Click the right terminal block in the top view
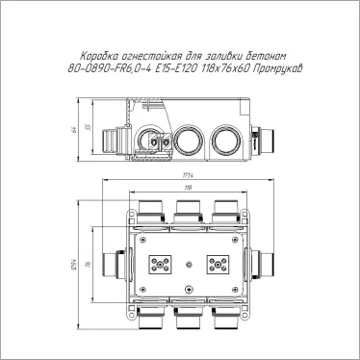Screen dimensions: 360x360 point(217,265)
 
